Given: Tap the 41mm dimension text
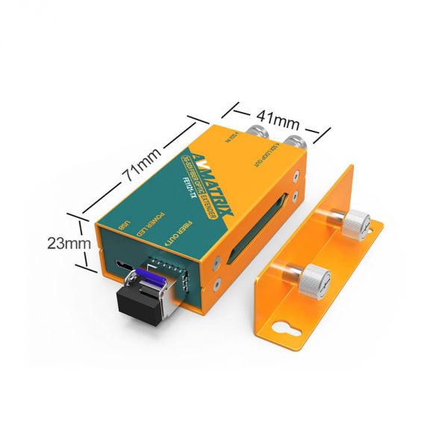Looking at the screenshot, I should pos(274,118).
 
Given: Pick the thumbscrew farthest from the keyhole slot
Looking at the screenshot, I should pos(355,221).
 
